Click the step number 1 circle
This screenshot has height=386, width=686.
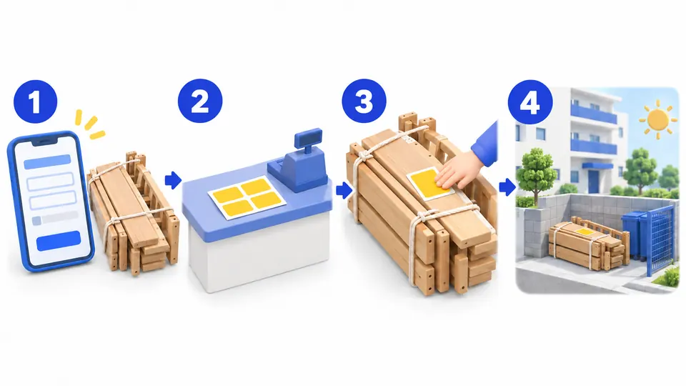pyautogui.click(x=36, y=102)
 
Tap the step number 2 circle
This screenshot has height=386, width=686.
pyautogui.click(x=200, y=101)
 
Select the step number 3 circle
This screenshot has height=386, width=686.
pyautogui.click(x=364, y=101)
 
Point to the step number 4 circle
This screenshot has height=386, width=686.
pyautogui.click(x=530, y=102)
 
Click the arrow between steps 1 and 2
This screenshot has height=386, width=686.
pyautogui.click(x=173, y=180)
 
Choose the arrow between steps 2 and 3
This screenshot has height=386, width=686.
pyautogui.click(x=344, y=190)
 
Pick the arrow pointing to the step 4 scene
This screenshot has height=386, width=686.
pyautogui.click(x=507, y=187)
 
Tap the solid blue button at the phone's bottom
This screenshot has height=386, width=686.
pyautogui.click(x=59, y=241)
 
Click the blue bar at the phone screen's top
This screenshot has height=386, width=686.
pyautogui.click(x=47, y=162)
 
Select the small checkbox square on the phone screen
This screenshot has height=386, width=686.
pyautogui.click(x=36, y=221)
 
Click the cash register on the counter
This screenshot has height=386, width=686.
pyautogui.click(x=299, y=161)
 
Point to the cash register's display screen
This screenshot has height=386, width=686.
pyautogui.click(x=308, y=138)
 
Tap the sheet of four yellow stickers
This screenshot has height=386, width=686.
pyautogui.click(x=247, y=198)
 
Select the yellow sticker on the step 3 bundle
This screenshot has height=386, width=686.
pyautogui.click(x=429, y=184)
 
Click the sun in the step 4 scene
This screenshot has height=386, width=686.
pyautogui.click(x=657, y=119)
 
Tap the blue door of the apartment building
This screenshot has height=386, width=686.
pyautogui.click(x=595, y=181)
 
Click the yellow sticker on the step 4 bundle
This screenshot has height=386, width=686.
pyautogui.click(x=585, y=232)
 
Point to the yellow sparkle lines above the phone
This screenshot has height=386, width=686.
pyautogui.click(x=89, y=124)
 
